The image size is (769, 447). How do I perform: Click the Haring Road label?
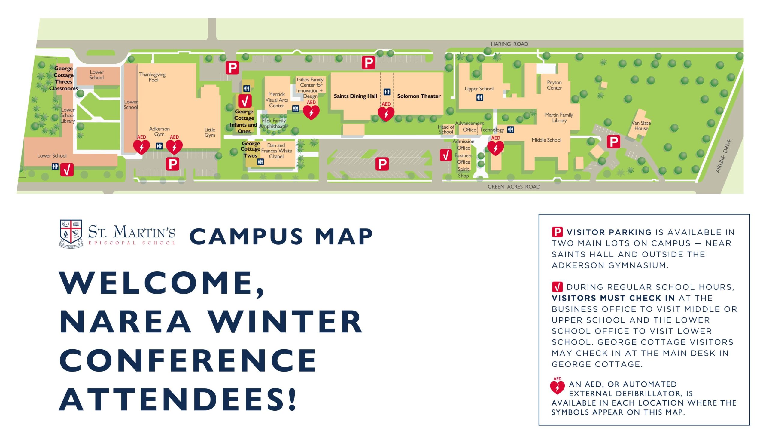[509, 44]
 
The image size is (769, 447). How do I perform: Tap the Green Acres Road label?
[514, 187]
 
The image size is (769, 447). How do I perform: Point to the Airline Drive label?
[724, 156]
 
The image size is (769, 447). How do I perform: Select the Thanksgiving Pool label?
[152, 77]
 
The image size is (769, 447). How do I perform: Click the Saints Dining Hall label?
[355, 96]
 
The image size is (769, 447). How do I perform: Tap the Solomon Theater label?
[419, 96]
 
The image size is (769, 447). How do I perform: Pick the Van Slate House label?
[641, 125]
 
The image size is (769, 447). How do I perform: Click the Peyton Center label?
[554, 85]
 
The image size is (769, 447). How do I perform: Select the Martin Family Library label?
[559, 118]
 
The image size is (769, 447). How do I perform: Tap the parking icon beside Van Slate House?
[613, 142]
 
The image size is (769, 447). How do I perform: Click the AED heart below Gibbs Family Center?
[311, 112]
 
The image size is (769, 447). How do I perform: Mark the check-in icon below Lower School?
[67, 170]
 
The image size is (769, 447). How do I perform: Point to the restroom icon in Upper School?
[479, 98]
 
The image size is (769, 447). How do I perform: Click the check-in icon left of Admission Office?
[445, 155]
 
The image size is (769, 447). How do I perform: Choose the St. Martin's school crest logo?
[71, 233]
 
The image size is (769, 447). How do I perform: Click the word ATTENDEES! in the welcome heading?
[178, 399]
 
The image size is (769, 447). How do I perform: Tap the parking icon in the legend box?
[557, 232]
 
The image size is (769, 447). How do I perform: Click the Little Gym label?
[210, 133]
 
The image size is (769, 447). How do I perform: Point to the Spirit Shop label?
[463, 173]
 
